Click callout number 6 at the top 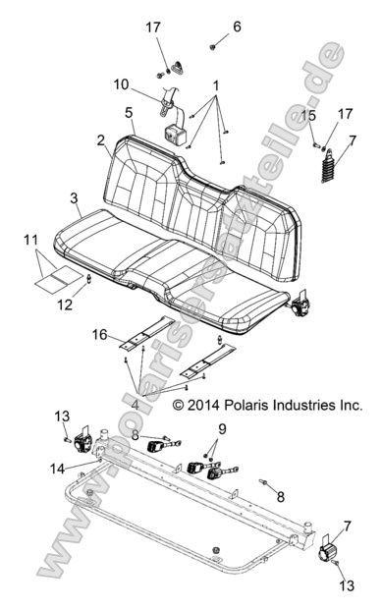pyautogui.click(x=237, y=27)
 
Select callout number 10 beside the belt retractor pyautogui.click(x=148, y=83)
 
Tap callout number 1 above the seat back pyautogui.click(x=215, y=85)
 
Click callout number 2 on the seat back pyautogui.click(x=101, y=141)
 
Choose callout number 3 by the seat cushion pyautogui.click(x=75, y=199)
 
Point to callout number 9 pyautogui.click(x=221, y=428)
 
